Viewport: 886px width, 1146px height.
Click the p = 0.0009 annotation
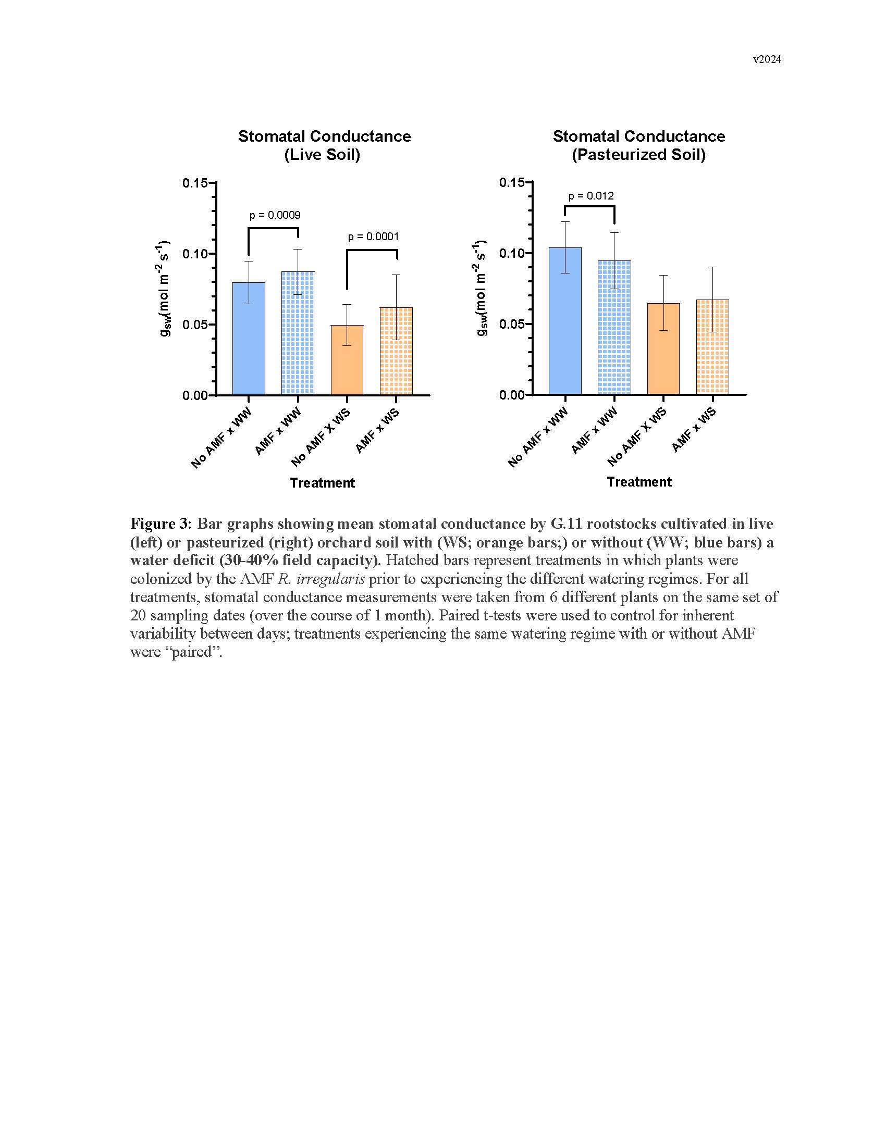(x=275, y=215)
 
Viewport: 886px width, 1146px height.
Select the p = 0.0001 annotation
(x=373, y=236)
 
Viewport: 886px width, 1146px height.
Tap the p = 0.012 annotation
(x=590, y=196)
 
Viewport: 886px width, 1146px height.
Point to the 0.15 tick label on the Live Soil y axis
(x=194, y=183)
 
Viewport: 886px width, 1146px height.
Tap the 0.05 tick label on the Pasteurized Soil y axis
(x=511, y=325)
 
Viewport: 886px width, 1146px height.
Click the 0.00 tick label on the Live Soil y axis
(x=194, y=396)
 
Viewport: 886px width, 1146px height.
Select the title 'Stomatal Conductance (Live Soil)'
(x=324, y=145)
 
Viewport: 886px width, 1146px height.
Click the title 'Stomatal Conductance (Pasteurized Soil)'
(x=639, y=145)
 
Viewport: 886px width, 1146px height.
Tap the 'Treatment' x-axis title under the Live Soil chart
(x=322, y=483)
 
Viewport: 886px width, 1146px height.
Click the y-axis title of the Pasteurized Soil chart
(x=482, y=288)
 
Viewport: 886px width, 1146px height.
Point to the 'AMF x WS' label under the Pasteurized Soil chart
(x=694, y=430)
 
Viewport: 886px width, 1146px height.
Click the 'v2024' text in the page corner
(x=766, y=59)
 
